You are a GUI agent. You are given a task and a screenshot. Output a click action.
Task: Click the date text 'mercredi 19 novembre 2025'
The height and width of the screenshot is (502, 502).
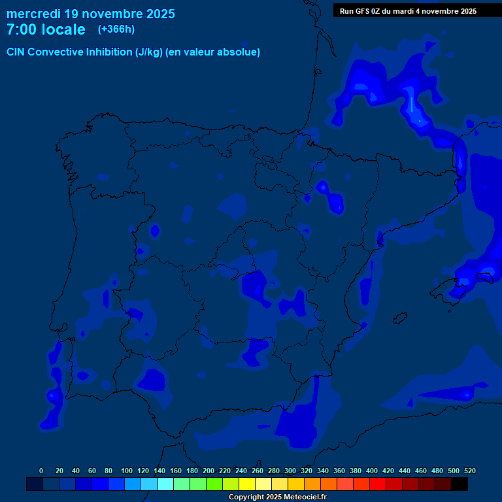coord(90,14)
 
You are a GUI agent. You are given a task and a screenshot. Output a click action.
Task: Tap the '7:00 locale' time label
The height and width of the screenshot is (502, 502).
coord(46,29)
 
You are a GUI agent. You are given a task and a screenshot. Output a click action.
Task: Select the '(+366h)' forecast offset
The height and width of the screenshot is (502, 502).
coord(116,29)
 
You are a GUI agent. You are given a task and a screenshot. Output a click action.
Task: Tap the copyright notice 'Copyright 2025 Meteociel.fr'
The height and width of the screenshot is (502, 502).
coord(277,497)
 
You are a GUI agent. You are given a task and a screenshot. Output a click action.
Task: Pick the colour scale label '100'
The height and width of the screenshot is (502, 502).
coord(127,471)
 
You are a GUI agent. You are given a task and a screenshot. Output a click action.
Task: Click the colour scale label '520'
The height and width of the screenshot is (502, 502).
coord(470,471)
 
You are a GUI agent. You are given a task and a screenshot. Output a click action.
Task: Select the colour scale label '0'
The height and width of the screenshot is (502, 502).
coord(41,471)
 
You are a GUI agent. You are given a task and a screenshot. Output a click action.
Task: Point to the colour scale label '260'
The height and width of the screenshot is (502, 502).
coord(258,471)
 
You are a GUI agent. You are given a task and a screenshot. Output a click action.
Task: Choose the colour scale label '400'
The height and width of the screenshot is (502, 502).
coord(372,471)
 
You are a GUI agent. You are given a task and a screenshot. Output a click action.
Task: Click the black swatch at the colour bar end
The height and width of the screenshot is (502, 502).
coord(460,484)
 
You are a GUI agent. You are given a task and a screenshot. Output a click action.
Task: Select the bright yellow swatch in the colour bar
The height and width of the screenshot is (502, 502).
coord(247,484)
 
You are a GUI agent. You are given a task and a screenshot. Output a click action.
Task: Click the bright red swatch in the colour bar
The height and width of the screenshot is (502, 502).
coord(378,484)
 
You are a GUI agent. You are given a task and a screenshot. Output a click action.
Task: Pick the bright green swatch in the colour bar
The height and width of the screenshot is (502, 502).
coord(214,484)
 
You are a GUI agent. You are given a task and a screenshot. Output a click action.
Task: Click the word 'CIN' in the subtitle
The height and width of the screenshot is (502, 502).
coord(16,52)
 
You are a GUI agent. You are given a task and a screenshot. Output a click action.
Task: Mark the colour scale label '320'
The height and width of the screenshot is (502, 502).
coord(307,471)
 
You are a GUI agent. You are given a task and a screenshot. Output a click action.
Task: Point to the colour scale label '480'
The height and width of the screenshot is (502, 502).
coord(437,471)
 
